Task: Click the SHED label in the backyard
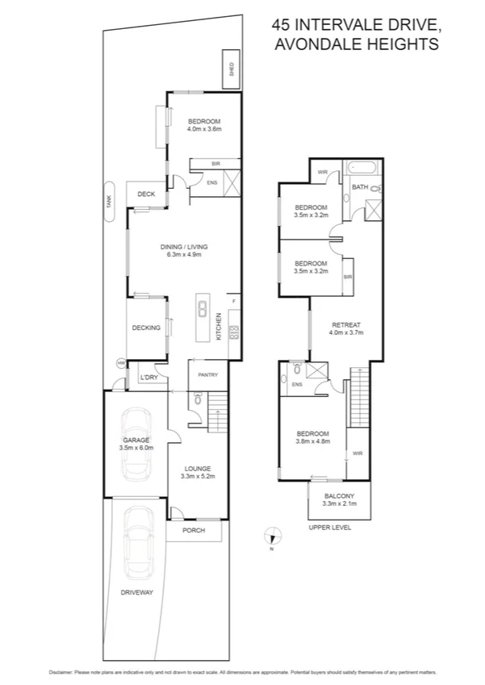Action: (x=232, y=68)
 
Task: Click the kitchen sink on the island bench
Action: (x=201, y=310)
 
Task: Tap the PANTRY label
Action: (x=209, y=374)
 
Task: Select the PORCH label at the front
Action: (x=193, y=530)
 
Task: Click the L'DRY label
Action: (x=148, y=378)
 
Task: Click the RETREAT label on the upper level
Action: (x=346, y=324)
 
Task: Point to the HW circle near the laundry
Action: (x=121, y=364)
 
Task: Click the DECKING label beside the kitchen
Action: (x=147, y=328)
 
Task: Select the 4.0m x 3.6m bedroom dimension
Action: (x=203, y=129)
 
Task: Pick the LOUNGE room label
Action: (x=197, y=468)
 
